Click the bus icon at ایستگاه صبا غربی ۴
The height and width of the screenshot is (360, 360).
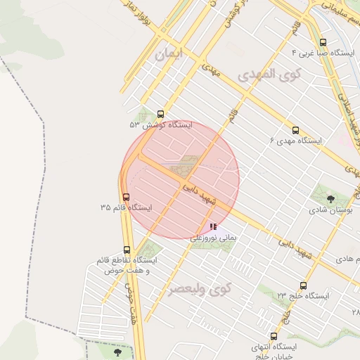pyautogui.click(x=323, y=42)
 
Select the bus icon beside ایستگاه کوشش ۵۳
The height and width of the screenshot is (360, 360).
pyautogui.click(x=161, y=114)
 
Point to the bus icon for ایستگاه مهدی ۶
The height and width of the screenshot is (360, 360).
pyautogui.click(x=295, y=130)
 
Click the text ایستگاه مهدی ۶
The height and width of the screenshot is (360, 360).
pyautogui.click(x=295, y=141)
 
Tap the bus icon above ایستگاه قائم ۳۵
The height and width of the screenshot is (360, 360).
pyautogui.click(x=126, y=197)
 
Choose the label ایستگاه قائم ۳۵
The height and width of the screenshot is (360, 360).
pyautogui.click(x=127, y=208)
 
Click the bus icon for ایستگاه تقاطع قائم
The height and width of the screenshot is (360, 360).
pyautogui.click(x=127, y=250)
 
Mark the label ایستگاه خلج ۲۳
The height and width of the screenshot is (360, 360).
pyautogui.click(x=303, y=296)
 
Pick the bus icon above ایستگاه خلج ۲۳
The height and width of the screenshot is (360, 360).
pyautogui.click(x=303, y=285)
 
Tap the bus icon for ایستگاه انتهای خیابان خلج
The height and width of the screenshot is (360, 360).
pyautogui.click(x=274, y=336)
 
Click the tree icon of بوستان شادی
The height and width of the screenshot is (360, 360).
pyautogui.click(x=330, y=199)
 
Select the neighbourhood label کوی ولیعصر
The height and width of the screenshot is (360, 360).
pyautogui.click(x=201, y=288)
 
